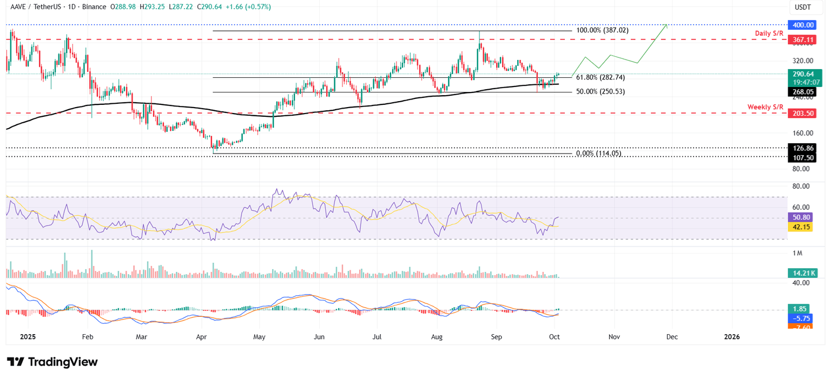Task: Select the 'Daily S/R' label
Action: click(x=769, y=34)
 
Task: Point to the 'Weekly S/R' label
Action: click(x=766, y=107)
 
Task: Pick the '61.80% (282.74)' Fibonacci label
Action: click(x=599, y=77)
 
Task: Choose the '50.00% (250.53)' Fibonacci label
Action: click(x=599, y=92)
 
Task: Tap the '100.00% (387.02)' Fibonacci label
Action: click(x=602, y=31)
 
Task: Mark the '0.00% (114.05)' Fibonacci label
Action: click(x=598, y=154)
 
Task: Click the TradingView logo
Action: click(x=52, y=362)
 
